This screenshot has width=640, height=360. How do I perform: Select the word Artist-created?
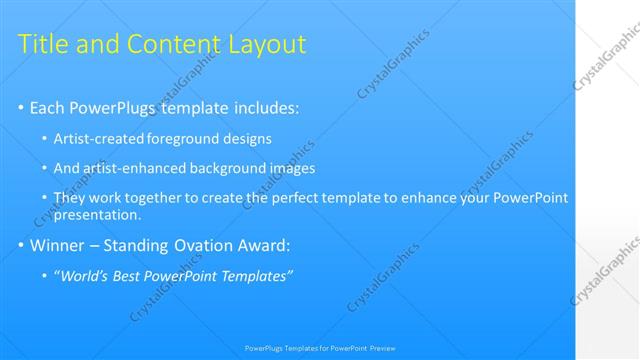click(97, 139)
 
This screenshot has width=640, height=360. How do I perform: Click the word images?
click(291, 169)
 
